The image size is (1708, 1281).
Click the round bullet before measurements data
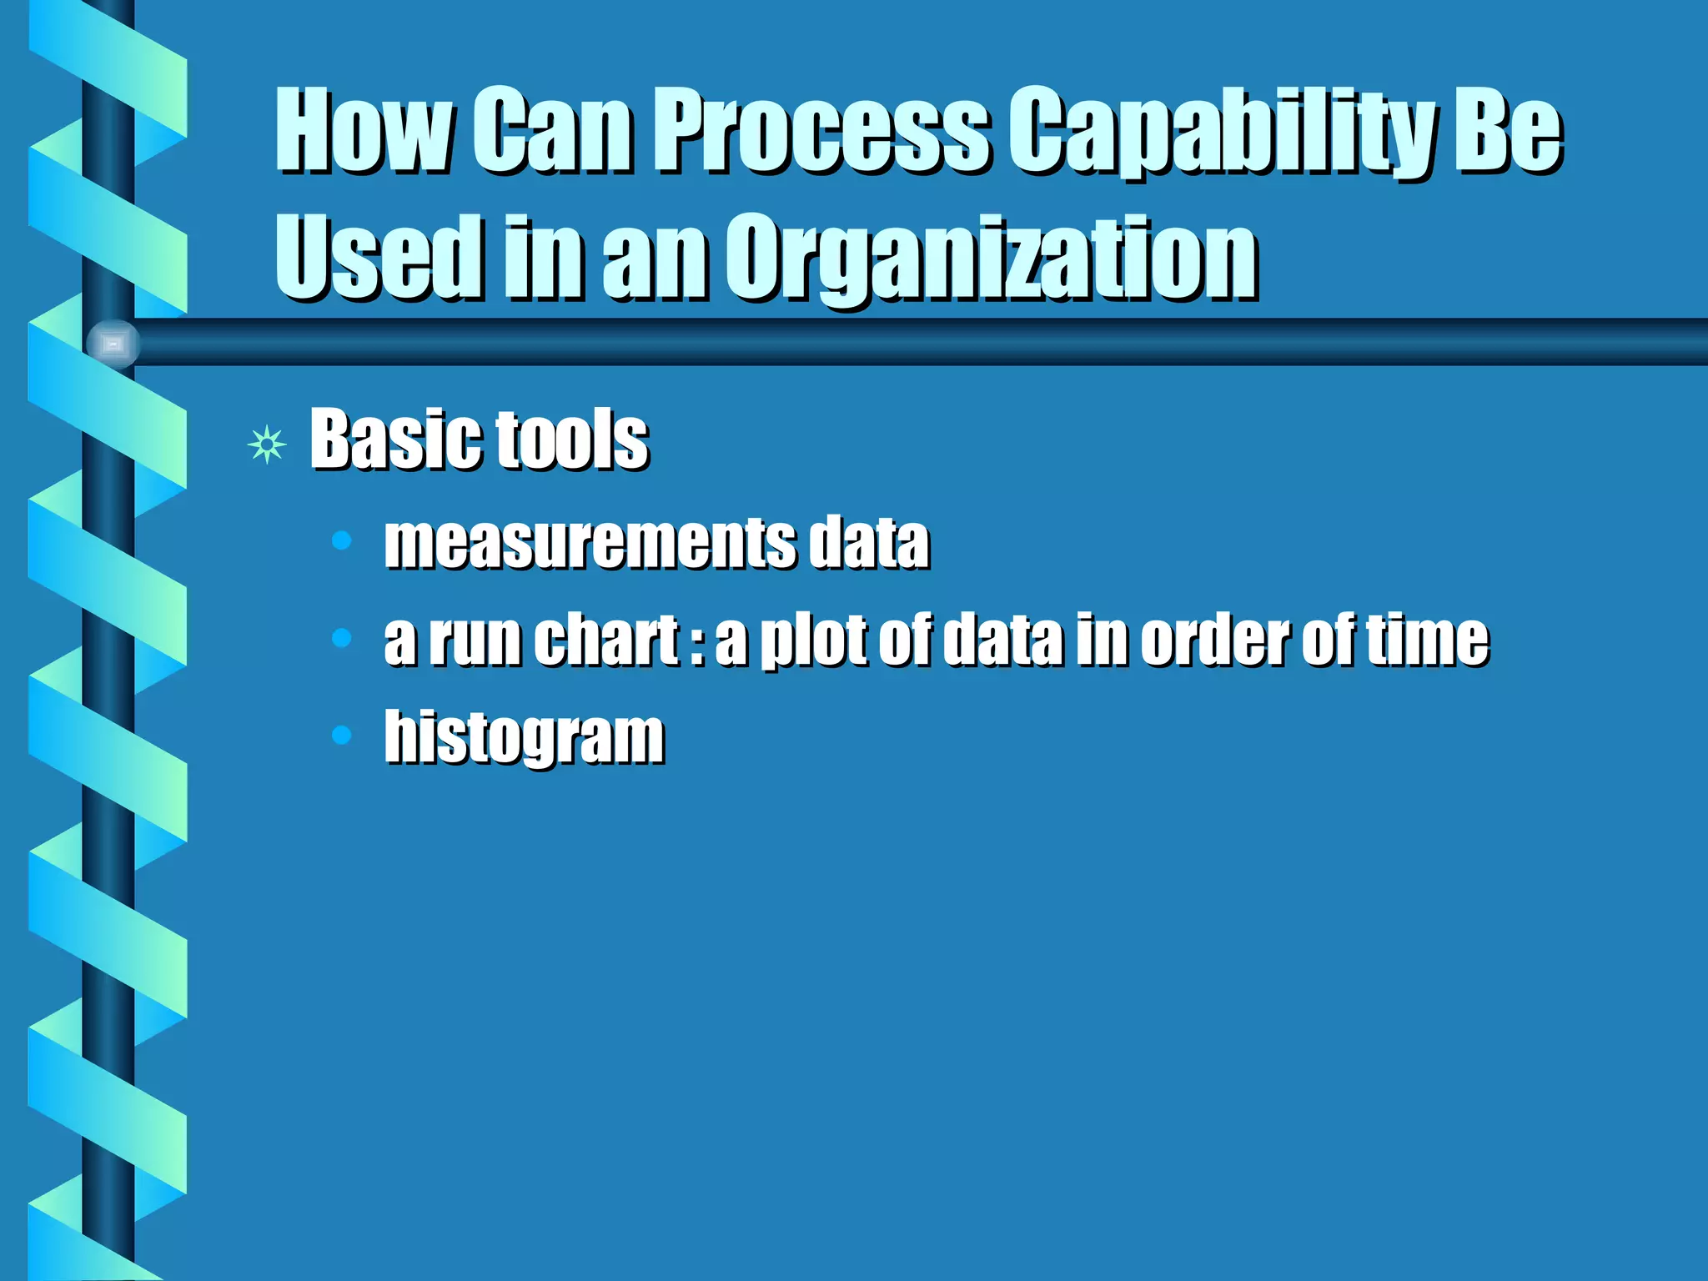point(341,540)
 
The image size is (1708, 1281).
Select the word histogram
point(524,737)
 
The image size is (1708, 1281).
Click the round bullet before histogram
point(341,735)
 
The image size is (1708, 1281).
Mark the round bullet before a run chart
point(341,638)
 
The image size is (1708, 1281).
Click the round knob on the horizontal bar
point(113,344)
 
